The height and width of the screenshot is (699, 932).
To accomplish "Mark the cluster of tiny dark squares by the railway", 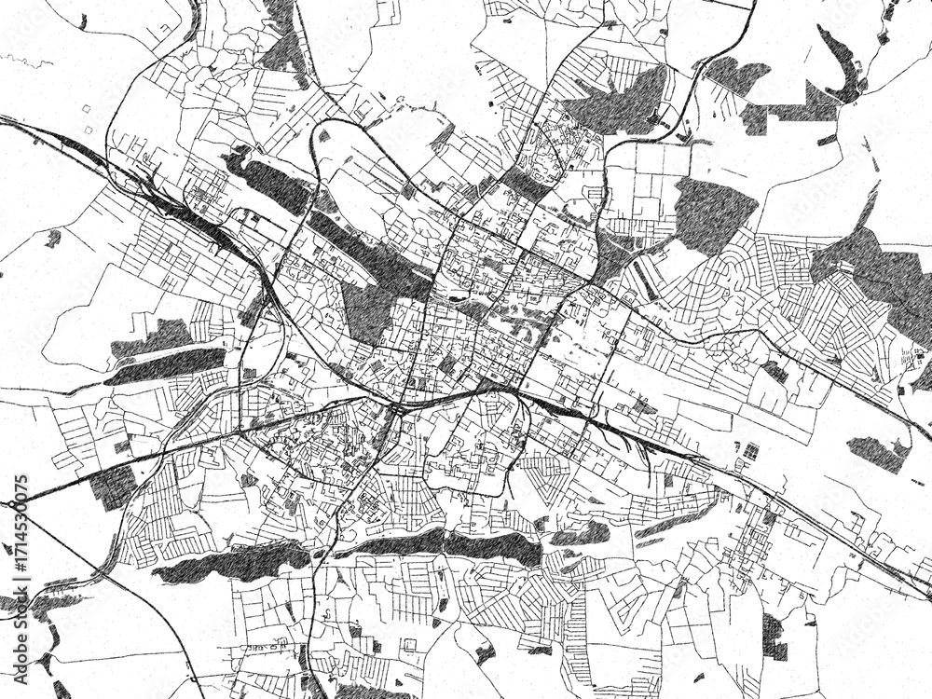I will pos(751,452).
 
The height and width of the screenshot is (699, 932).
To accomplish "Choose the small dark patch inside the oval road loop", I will pos(323,136).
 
